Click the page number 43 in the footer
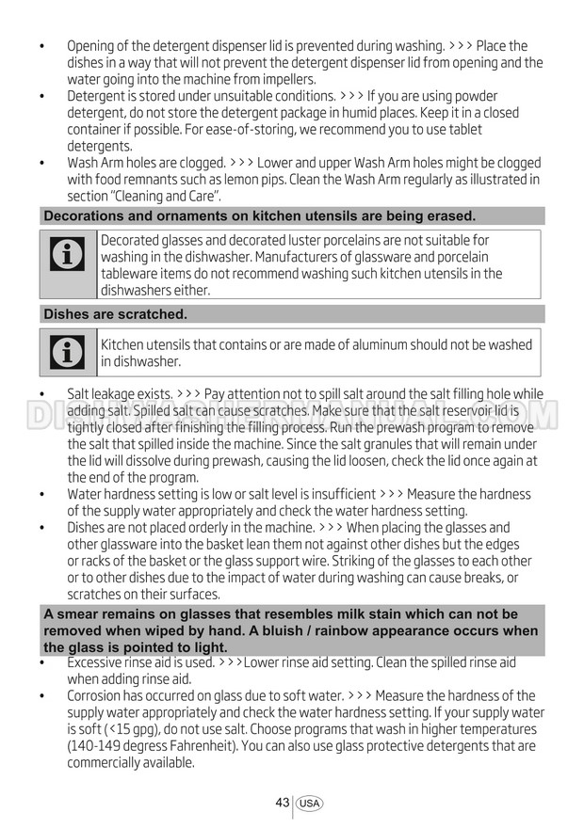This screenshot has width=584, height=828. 283,803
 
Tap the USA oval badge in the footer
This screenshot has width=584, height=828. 309,804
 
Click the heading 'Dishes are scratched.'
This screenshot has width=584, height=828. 115,314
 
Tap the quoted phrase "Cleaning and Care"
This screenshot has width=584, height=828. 167,197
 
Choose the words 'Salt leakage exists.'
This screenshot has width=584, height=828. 120,394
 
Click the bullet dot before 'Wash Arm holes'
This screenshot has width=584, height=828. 43,163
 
